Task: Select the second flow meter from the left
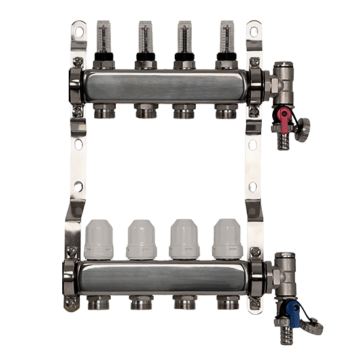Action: [x=144, y=39]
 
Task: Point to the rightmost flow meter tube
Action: [x=226, y=39]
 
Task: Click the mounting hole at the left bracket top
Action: [x=80, y=29]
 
